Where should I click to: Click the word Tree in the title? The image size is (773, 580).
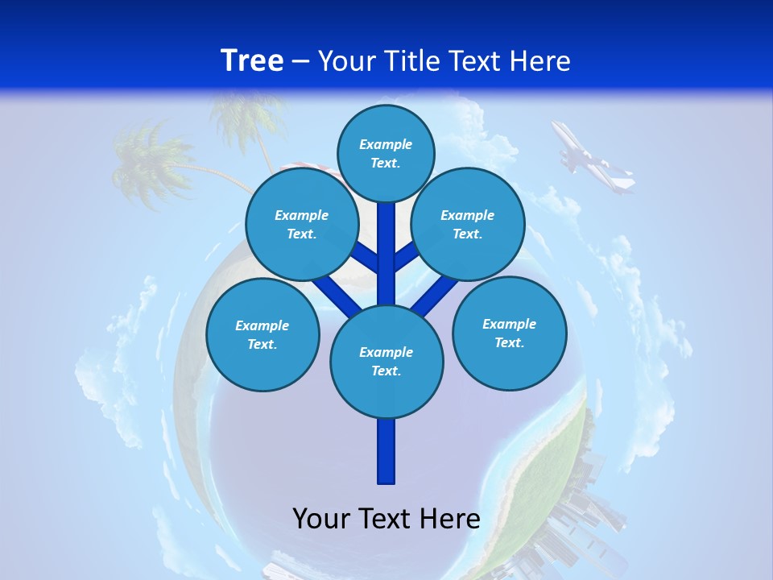[252, 60]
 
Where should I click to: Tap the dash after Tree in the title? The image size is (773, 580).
[300, 62]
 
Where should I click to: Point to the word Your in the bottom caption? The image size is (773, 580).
[321, 519]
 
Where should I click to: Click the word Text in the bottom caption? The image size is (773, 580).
[386, 519]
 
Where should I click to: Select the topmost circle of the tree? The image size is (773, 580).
[386, 153]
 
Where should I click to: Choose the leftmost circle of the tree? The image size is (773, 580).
[262, 334]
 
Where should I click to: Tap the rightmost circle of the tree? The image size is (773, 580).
[509, 333]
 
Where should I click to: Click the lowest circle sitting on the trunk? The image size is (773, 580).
[386, 361]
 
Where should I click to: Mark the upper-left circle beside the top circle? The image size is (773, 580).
[302, 224]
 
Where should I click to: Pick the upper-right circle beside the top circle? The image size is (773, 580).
[468, 224]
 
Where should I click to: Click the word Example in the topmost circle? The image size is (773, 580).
[386, 144]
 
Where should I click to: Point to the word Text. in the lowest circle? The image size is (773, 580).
[386, 371]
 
